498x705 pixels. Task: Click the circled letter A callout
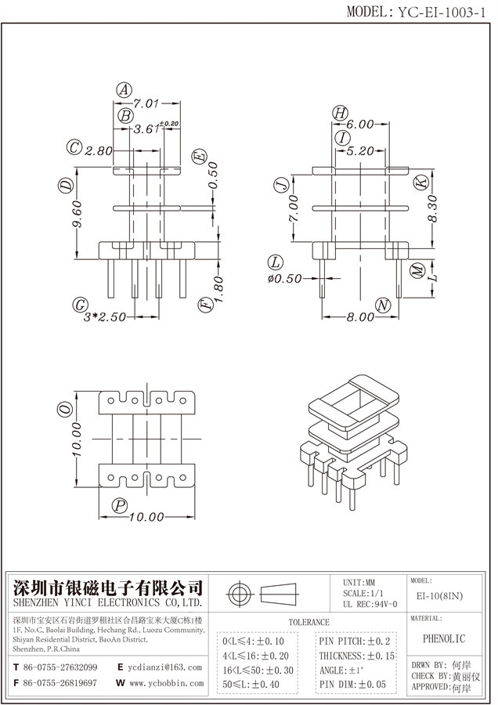pyautogui.click(x=124, y=90)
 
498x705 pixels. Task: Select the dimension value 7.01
pyautogui.click(x=146, y=103)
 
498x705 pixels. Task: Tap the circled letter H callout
pyautogui.click(x=339, y=113)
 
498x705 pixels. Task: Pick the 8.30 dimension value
pyautogui.click(x=431, y=209)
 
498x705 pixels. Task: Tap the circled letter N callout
pyautogui.click(x=382, y=304)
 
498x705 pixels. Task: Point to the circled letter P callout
pyautogui.click(x=119, y=505)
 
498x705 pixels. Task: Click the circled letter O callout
pyautogui.click(x=65, y=407)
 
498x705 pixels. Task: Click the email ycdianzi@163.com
pyautogui.click(x=164, y=667)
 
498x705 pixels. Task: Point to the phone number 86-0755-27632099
pyautogui.click(x=60, y=667)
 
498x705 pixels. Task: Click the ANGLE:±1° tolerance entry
pyautogui.click(x=344, y=671)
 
